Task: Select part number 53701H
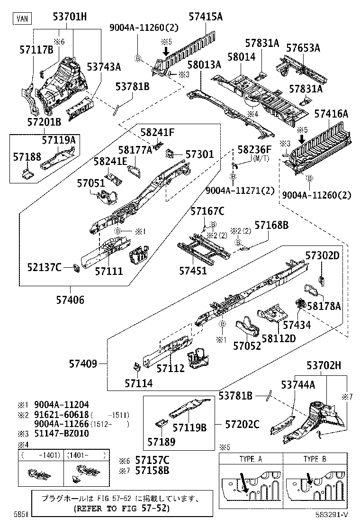coord(70,17)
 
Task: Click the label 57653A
coord(303,48)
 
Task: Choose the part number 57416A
coord(331,114)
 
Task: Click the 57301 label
coord(199,154)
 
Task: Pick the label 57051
coord(91,183)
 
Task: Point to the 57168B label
coord(271,225)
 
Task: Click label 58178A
coord(324,307)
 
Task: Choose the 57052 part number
coord(247,346)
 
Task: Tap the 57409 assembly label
coord(83,364)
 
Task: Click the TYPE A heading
coord(251,459)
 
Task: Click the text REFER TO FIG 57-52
coord(122,509)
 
